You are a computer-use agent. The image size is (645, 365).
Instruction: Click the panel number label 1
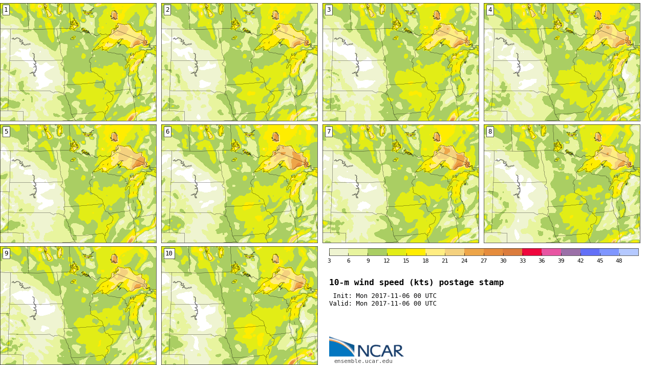pyautogui.click(x=6, y=10)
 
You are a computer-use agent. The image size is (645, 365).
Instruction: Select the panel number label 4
pyautogui.click(x=490, y=10)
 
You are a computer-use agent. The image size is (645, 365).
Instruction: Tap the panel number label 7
pyautogui.click(x=329, y=132)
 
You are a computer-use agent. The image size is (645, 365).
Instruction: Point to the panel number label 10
pyautogui.click(x=169, y=253)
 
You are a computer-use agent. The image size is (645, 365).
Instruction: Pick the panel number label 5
pyautogui.click(x=6, y=132)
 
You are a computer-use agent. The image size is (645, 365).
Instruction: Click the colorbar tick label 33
pyautogui.click(x=522, y=261)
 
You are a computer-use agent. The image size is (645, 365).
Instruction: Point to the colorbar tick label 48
pyautogui.click(x=619, y=261)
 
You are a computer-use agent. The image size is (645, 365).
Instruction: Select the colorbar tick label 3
pyautogui.click(x=329, y=261)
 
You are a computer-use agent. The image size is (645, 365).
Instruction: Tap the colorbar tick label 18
pyautogui.click(x=426, y=261)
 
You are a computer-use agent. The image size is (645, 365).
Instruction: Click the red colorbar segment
pyautogui.click(x=532, y=252)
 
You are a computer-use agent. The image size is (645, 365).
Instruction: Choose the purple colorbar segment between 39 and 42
pyautogui.click(x=570, y=252)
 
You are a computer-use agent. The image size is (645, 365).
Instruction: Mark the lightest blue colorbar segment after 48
pyautogui.click(x=629, y=252)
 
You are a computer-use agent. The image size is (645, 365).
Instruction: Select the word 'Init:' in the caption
pyautogui.click(x=342, y=296)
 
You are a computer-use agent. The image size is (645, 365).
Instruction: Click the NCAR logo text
pyautogui.click(x=380, y=351)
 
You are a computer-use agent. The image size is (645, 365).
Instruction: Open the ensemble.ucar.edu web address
pyautogui.click(x=363, y=361)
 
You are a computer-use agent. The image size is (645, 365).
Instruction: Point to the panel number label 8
pyautogui.click(x=490, y=132)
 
